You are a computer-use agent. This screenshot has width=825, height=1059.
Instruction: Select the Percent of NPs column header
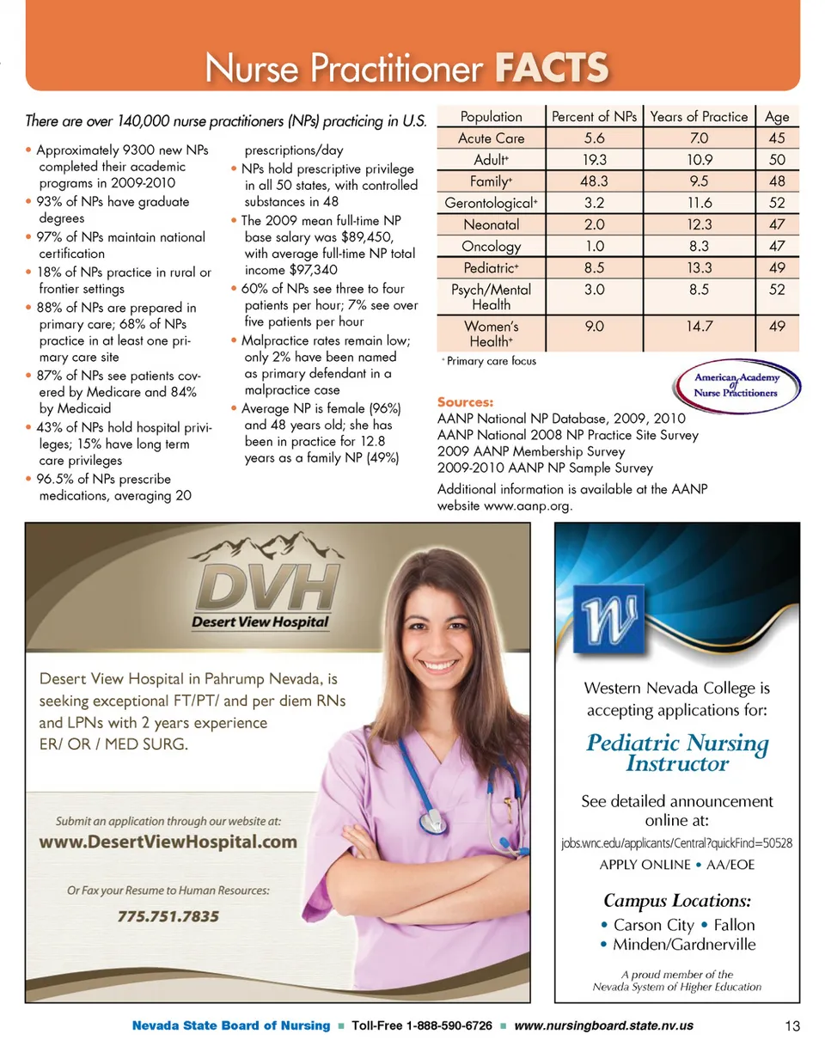[x=595, y=116]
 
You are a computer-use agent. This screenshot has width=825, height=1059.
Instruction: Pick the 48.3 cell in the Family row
[x=595, y=181]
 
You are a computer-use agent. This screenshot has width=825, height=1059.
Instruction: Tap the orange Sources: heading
[x=466, y=401]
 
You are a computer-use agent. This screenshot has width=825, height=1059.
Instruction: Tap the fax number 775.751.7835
[x=168, y=916]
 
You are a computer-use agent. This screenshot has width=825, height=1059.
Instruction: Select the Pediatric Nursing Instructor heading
[x=677, y=752]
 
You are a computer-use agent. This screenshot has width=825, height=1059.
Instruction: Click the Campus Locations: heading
[x=678, y=901]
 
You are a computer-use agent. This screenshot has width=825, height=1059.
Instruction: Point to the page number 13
[x=792, y=1025]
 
